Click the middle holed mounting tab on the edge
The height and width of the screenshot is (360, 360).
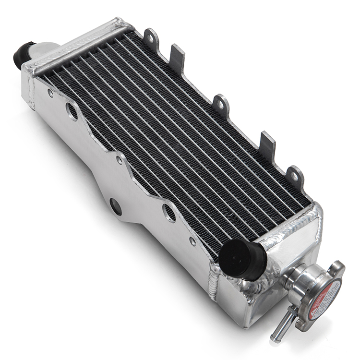tap(221, 103)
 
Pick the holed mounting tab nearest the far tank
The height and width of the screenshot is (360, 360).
tap(151, 36)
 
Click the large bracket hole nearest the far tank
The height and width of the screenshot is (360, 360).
tap(72, 111)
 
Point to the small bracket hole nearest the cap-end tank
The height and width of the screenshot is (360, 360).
tap(192, 241)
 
